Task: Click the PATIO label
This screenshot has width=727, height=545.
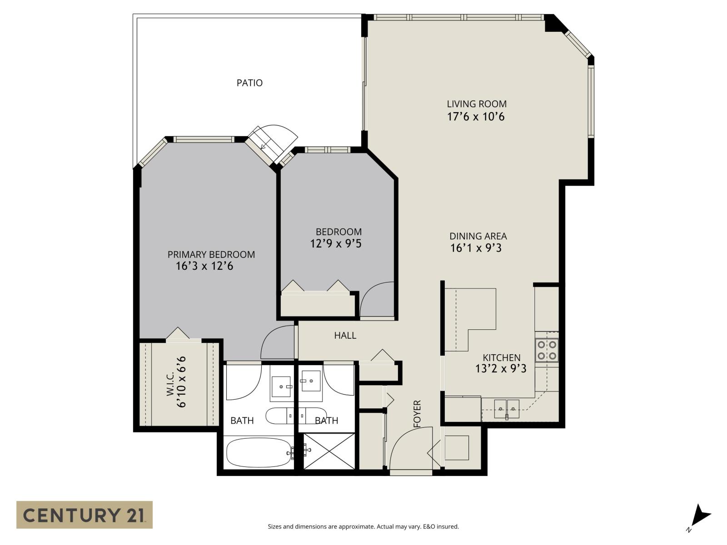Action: click(x=249, y=83)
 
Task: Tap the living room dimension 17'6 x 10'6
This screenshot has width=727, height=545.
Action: click(x=476, y=117)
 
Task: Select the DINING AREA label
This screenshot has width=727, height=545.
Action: click(x=478, y=236)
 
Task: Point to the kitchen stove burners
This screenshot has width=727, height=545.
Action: click(x=547, y=350)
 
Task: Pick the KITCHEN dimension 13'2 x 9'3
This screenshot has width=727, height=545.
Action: click(x=501, y=368)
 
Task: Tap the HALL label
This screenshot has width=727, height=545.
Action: click(x=345, y=336)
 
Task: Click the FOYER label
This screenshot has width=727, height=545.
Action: click(x=418, y=414)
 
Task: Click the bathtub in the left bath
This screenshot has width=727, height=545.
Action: click(x=259, y=452)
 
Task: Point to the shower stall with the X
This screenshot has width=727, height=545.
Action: click(x=329, y=451)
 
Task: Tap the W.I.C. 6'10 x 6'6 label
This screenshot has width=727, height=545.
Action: click(x=177, y=382)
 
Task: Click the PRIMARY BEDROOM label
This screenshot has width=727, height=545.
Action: click(x=211, y=254)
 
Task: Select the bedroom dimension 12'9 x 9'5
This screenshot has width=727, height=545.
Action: click(x=336, y=244)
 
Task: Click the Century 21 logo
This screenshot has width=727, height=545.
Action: click(x=85, y=515)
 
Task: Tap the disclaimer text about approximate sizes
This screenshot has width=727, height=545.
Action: click(x=363, y=527)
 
